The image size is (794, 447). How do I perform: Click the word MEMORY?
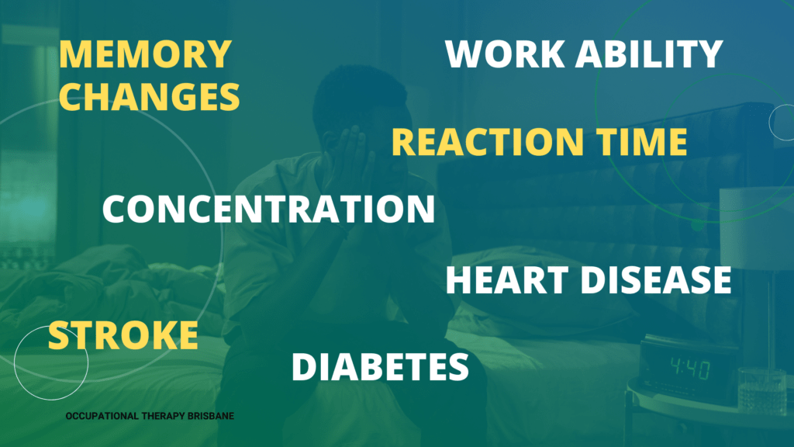tap(145, 54)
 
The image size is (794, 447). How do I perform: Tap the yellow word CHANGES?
tap(150, 96)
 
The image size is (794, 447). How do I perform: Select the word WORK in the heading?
tap(505, 54)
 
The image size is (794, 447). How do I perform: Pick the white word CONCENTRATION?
tap(268, 208)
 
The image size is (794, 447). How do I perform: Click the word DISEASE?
tap(656, 279)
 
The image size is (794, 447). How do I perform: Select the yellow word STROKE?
tap(123, 335)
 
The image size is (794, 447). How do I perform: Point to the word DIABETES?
tap(380, 366)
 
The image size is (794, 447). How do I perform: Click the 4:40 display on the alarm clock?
tap(689, 369)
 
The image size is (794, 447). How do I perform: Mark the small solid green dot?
tap(698, 224)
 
